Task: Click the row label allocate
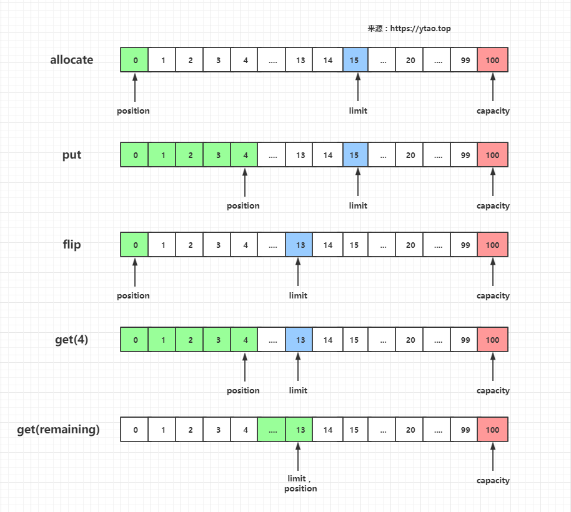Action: tap(72, 60)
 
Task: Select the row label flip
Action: tap(72, 244)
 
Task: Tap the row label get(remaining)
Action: tap(58, 429)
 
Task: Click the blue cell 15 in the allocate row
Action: tap(355, 61)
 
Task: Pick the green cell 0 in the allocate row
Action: tap(135, 61)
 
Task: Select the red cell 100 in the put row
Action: tap(492, 155)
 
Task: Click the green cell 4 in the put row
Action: tap(245, 155)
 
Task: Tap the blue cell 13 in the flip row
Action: tap(300, 245)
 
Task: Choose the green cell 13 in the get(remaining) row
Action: tap(300, 430)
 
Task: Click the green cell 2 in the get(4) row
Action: tap(190, 340)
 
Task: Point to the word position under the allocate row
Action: tap(133, 111)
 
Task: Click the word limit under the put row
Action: tap(358, 205)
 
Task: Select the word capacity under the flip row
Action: tap(493, 295)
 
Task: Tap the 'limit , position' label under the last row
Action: tap(300, 483)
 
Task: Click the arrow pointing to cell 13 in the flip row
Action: tap(298, 272)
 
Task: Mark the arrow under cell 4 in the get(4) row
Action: tap(245, 367)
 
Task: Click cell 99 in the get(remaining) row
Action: tap(465, 430)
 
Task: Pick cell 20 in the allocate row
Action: tap(410, 61)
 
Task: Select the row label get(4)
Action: tap(72, 340)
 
